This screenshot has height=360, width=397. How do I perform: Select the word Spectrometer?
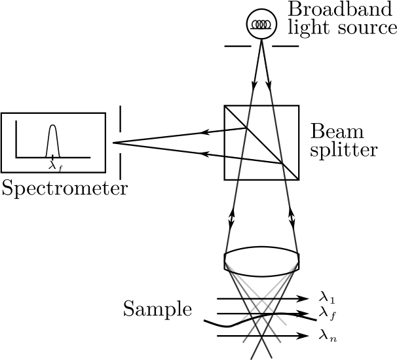[x=64, y=189]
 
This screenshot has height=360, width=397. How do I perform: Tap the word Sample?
[x=157, y=309]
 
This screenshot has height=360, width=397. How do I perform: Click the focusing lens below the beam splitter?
[x=262, y=259]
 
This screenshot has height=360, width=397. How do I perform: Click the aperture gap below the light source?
[x=262, y=46]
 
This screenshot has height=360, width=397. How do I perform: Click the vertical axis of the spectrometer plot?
[x=16, y=139]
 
